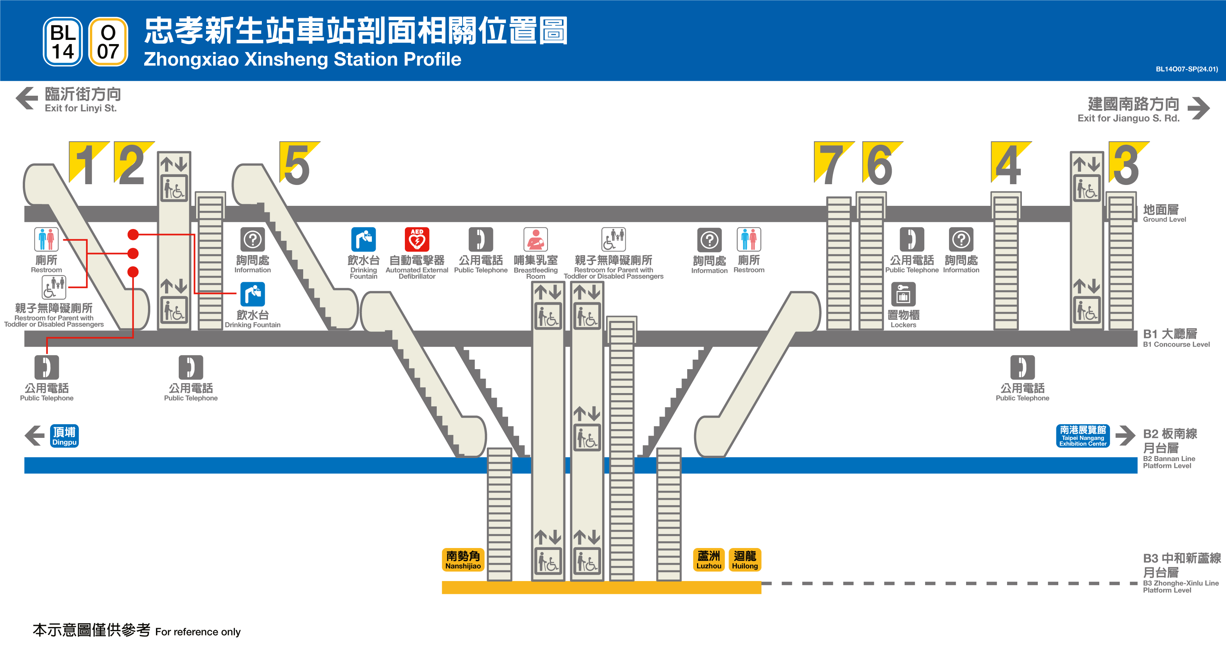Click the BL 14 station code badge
point(63,42)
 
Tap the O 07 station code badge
point(108,42)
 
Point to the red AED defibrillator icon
point(417,239)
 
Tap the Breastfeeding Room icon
point(535,239)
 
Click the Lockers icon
point(903,294)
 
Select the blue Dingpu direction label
point(64,436)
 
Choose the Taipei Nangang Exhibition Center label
point(1083,436)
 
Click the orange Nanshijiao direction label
point(463,560)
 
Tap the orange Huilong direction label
point(745,560)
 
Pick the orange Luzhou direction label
point(709,560)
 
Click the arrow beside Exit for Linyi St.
point(27,99)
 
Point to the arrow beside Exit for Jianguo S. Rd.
point(1198,109)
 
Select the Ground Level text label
point(1164,213)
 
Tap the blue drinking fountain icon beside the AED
point(364,239)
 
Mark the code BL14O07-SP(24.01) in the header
point(1187,69)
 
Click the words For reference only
point(198,632)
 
